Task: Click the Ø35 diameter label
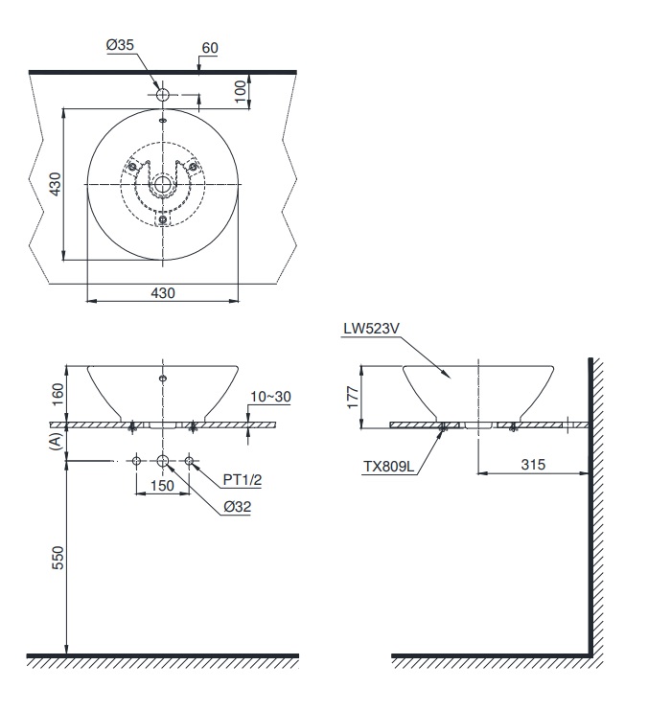point(120,44)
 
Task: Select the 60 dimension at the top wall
point(211,48)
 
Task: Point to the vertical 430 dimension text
point(56,183)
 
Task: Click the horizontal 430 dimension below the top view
point(162,293)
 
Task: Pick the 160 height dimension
point(57,393)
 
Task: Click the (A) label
point(57,441)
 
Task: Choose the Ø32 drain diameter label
point(235,509)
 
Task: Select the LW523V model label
point(370,329)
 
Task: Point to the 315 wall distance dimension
point(533,464)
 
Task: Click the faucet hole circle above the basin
point(162,96)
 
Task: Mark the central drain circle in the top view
point(162,184)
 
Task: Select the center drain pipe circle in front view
point(162,463)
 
